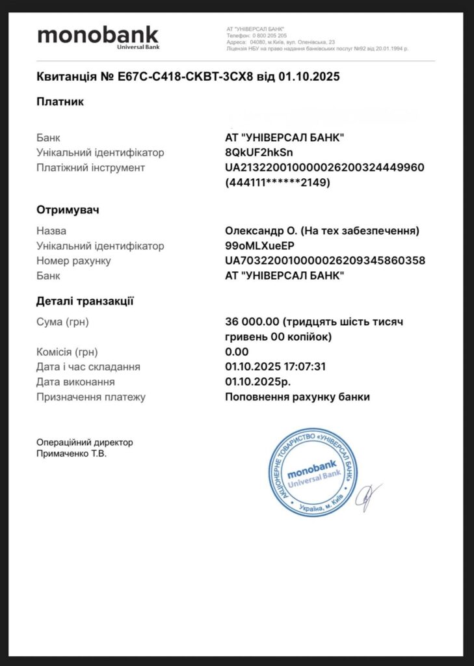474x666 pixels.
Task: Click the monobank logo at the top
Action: [x=98, y=36]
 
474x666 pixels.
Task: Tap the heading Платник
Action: [x=60, y=101]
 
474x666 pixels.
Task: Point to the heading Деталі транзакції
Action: [x=85, y=300]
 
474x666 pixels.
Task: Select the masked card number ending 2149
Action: [x=278, y=183]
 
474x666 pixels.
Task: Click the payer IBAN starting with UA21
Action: [x=324, y=168]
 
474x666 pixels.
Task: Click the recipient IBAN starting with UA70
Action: [x=324, y=261]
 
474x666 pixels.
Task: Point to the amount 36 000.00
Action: [x=252, y=322]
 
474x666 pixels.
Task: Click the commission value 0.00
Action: [x=236, y=352]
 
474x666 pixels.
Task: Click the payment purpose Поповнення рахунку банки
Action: [x=297, y=397]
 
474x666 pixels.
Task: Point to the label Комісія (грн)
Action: [x=67, y=352]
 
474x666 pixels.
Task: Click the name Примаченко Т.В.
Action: [x=72, y=454]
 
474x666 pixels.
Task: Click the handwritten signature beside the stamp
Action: [x=371, y=496]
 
